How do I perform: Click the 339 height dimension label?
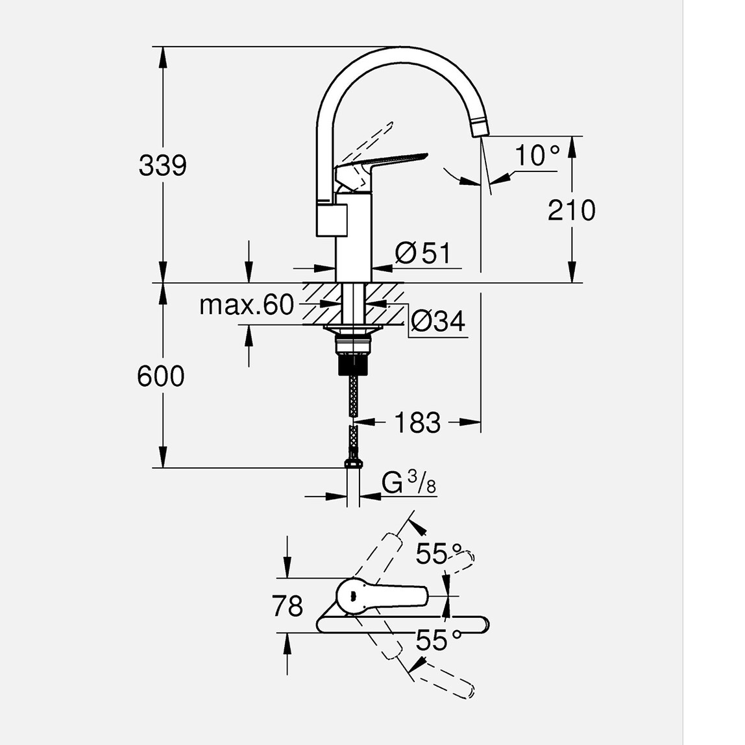162,165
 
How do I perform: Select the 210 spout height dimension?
571,210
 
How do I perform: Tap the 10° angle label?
536,156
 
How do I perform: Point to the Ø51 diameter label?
422,253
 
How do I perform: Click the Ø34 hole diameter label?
438,321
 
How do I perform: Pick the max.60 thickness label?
247,305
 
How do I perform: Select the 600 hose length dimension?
161,376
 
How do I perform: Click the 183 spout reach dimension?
417,423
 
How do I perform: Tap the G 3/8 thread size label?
409,483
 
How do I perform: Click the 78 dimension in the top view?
287,606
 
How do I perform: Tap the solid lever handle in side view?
383,162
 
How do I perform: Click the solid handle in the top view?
383,594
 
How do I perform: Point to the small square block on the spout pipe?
332,219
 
